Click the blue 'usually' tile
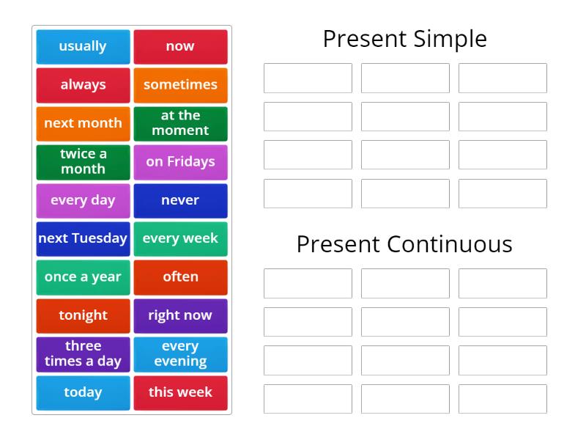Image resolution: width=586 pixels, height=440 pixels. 83,46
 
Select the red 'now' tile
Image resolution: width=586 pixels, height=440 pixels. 180,46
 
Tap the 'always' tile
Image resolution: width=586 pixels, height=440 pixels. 83,85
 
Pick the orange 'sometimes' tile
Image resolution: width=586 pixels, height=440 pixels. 180,85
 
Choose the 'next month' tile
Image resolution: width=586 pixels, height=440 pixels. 83,123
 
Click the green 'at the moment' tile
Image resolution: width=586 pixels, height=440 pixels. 180,123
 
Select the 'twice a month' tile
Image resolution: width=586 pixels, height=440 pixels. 83,161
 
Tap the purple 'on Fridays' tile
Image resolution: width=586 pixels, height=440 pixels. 180,161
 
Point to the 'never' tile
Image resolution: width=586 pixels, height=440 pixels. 180,200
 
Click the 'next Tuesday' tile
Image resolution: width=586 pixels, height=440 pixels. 83,238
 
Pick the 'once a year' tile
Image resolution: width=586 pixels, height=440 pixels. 83,277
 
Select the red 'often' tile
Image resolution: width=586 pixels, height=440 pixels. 180,277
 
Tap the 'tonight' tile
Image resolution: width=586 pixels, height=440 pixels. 83,315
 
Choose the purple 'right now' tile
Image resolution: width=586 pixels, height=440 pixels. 180,315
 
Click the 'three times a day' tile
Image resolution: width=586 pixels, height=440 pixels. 83,354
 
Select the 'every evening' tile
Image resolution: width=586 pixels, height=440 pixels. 180,354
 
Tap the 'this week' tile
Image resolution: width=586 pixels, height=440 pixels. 180,392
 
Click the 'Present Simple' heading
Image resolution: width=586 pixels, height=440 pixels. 404,39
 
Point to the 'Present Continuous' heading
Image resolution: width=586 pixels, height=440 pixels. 404,244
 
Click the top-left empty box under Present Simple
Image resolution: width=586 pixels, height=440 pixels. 308,78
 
